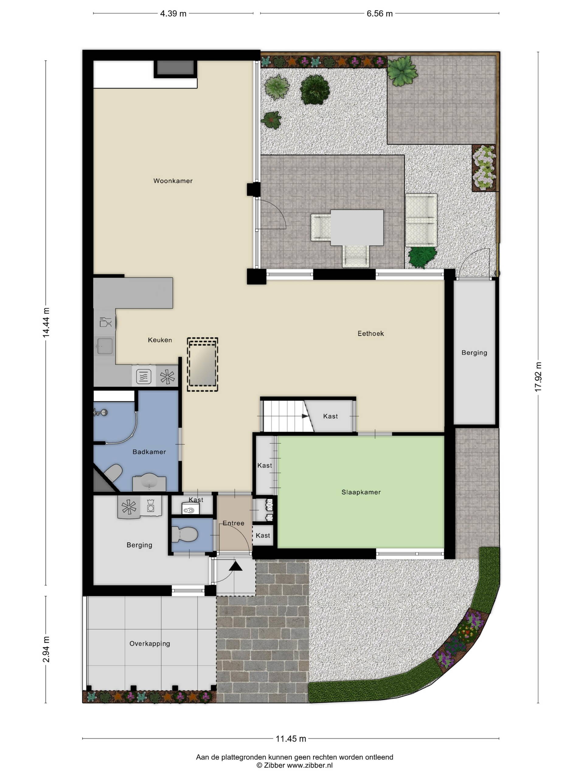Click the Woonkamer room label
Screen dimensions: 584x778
tap(173, 181)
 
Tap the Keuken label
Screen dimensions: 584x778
tap(160, 340)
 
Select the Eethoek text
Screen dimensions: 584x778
tap(371, 333)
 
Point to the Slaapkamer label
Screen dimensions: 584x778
tap(361, 492)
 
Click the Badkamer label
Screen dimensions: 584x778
tap(149, 452)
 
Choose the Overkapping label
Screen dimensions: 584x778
tap(150, 644)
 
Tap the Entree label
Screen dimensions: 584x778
tap(233, 523)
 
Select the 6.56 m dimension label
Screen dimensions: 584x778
tap(380, 14)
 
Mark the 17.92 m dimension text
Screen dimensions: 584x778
tap(538, 377)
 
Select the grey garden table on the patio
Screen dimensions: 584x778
tap(357, 228)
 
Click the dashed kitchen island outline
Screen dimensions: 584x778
tap(202, 365)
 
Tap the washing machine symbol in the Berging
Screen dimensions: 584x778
tap(151, 506)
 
